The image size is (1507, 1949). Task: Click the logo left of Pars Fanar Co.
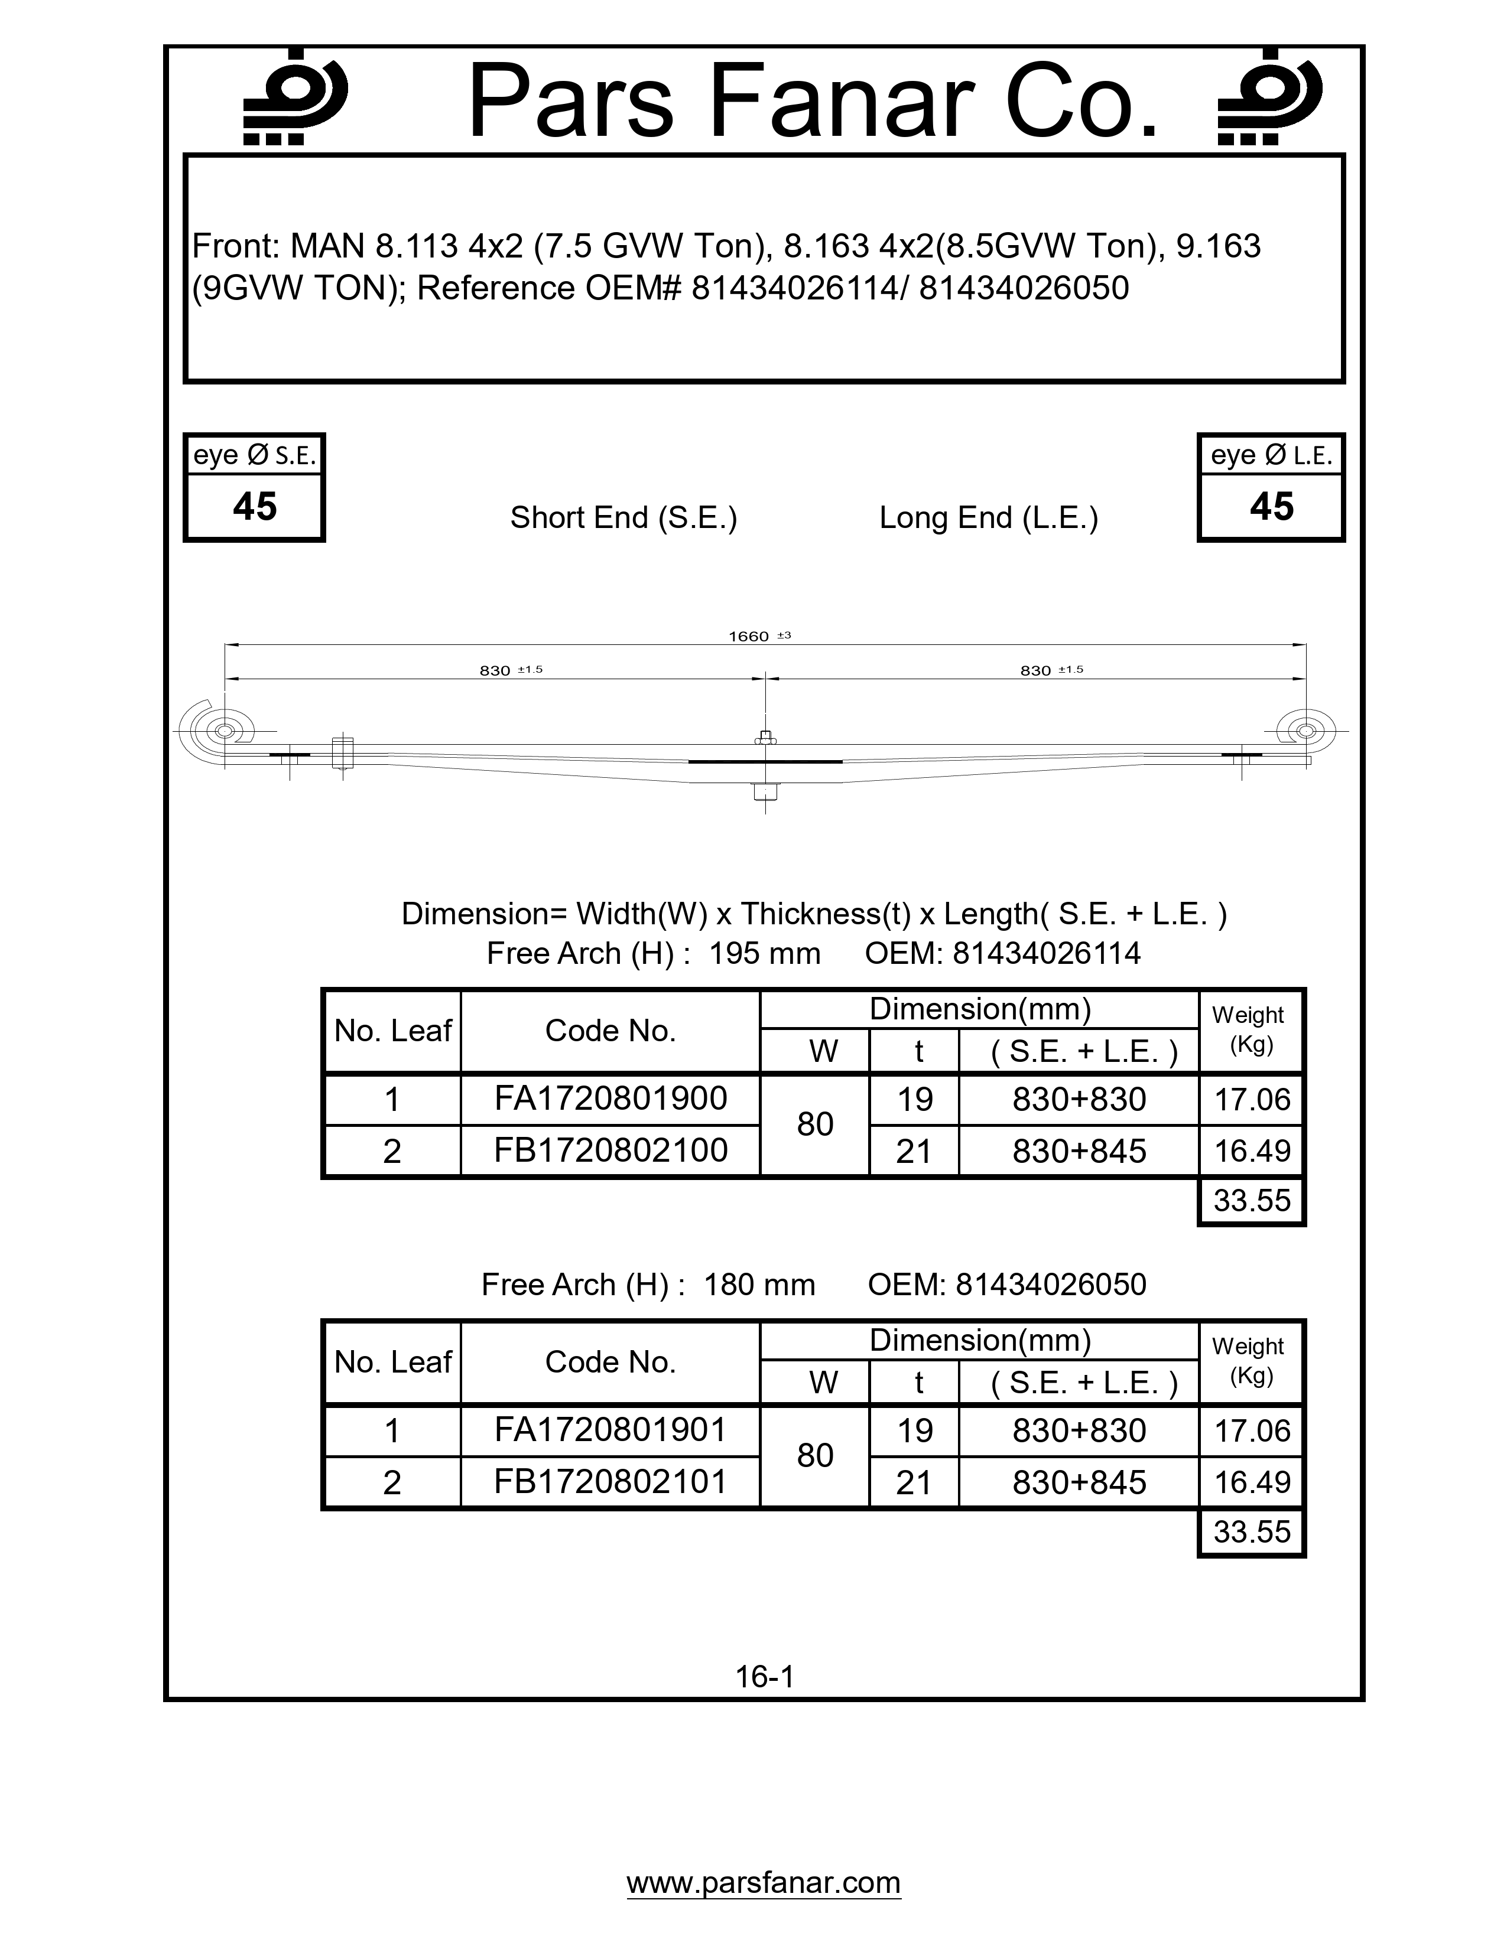tap(295, 97)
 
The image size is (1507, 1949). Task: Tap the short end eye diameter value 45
tap(255, 507)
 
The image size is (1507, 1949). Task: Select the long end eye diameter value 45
tap(1271, 507)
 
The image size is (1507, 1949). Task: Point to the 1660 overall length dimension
tap(749, 636)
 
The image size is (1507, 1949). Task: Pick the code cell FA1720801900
tap(610, 1099)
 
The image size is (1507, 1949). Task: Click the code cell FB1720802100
tap(610, 1151)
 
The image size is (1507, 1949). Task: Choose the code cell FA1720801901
tap(610, 1430)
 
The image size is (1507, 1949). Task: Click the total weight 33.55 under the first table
tap(1252, 1200)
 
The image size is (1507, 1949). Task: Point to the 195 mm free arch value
tap(764, 953)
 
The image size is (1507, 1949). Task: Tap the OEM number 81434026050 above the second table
tap(1051, 1284)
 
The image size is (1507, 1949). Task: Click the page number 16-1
tap(764, 1677)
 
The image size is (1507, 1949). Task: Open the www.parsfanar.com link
tap(764, 1882)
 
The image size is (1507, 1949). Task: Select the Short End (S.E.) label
tap(623, 517)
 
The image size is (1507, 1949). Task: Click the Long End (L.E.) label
tap(988, 517)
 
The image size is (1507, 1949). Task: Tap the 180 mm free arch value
tap(759, 1284)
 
